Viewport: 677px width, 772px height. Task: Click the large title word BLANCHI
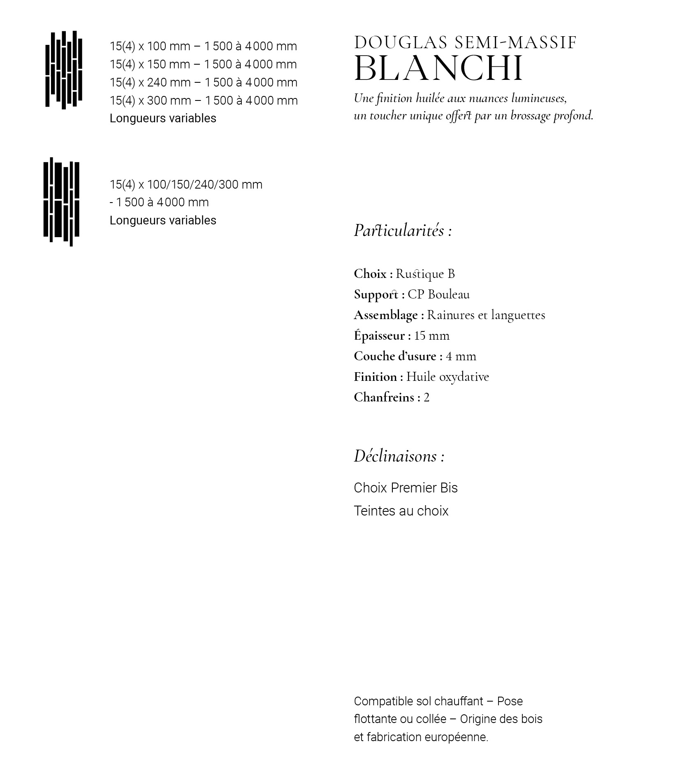point(438,68)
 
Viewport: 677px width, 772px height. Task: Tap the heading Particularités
point(402,231)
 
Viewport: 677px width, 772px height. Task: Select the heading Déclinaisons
point(399,456)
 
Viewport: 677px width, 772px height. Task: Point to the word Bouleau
point(448,294)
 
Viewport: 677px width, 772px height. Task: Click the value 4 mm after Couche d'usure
point(461,356)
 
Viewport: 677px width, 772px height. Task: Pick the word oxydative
point(464,377)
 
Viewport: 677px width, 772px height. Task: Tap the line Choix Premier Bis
point(406,488)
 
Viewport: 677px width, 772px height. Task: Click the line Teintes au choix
point(401,511)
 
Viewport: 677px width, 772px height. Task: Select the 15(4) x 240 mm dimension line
point(203,82)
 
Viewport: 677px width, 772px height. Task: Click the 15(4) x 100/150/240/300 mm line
point(186,184)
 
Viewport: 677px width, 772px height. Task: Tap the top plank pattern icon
point(64,70)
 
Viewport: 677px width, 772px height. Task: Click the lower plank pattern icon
point(61,202)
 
